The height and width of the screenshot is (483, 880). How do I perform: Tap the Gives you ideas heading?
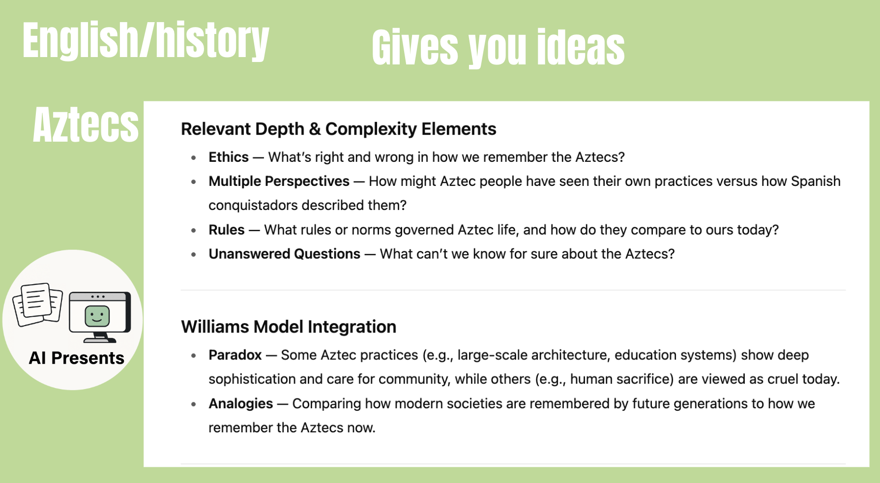coord(498,47)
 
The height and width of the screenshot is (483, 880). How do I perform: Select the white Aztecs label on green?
coord(86,125)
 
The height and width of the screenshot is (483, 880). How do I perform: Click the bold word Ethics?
coord(229,157)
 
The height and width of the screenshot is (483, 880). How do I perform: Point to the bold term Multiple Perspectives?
coord(279,181)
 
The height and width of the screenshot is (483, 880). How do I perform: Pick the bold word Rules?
coord(226,230)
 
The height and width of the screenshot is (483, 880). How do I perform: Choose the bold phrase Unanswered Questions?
coord(284,254)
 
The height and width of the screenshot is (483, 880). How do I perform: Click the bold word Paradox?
coord(235,355)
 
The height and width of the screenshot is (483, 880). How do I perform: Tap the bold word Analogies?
coord(240,403)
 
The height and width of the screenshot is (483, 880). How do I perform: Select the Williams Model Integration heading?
coord(289,327)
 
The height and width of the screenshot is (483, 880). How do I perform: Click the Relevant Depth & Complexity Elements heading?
coord(338,129)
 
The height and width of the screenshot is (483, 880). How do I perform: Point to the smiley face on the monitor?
coord(97,316)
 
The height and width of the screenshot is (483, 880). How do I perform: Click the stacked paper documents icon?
coord(38,304)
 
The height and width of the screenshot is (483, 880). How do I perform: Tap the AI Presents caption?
coord(77,358)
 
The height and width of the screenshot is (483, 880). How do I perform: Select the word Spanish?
coord(816,181)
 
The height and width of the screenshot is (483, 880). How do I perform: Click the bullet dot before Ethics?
coord(194,158)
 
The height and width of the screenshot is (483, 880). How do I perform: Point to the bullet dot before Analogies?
coord(194,404)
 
